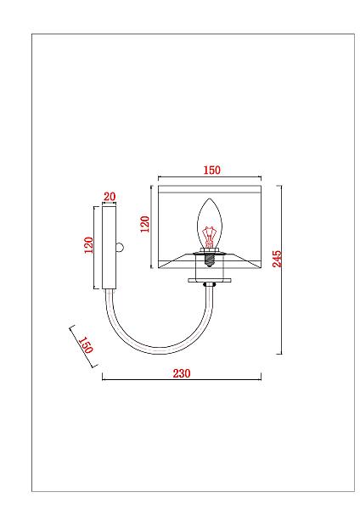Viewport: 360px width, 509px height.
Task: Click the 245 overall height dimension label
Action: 277,259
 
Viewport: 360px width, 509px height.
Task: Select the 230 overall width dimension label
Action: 182,373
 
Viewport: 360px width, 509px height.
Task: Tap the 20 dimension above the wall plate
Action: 110,197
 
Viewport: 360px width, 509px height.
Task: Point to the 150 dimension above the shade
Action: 212,170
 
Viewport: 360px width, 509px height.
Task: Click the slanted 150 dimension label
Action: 86,344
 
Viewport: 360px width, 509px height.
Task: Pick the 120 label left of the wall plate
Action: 88,245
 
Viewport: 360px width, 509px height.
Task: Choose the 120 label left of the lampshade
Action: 144,224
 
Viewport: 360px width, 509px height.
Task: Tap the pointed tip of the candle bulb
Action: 210,199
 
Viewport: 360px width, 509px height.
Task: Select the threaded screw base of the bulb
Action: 210,260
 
